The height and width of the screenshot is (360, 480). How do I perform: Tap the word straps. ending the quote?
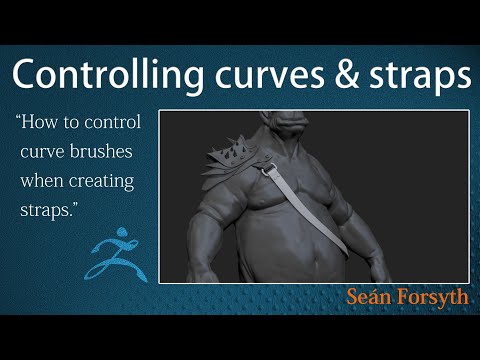(45, 214)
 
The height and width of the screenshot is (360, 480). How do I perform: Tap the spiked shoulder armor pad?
(240, 158)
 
